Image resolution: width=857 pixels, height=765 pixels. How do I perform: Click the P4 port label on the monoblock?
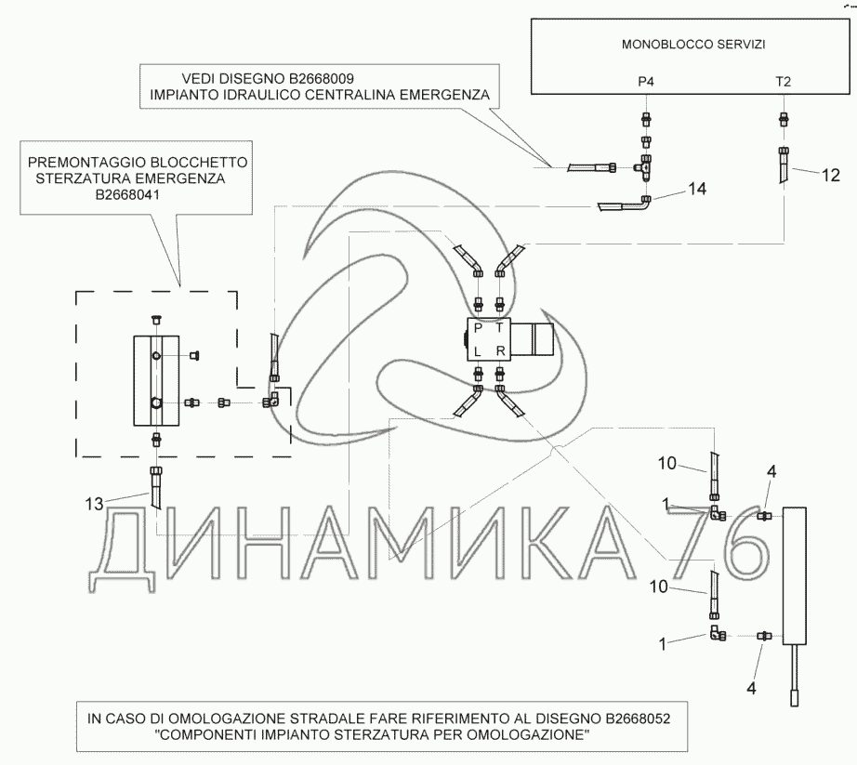click(x=646, y=82)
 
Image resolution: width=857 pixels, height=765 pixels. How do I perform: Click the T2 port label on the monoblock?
click(x=784, y=82)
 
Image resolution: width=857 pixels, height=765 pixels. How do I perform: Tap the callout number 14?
click(x=696, y=189)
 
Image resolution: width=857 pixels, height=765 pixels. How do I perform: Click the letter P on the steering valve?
click(x=478, y=330)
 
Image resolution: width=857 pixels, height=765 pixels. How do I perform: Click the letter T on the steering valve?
click(x=500, y=330)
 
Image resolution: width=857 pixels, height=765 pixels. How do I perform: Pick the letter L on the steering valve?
click(x=478, y=352)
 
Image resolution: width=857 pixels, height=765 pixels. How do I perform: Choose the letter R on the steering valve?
click(x=500, y=352)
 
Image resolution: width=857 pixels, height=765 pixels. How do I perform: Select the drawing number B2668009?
click(x=313, y=78)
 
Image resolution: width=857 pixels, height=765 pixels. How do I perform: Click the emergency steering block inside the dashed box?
click(x=155, y=380)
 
